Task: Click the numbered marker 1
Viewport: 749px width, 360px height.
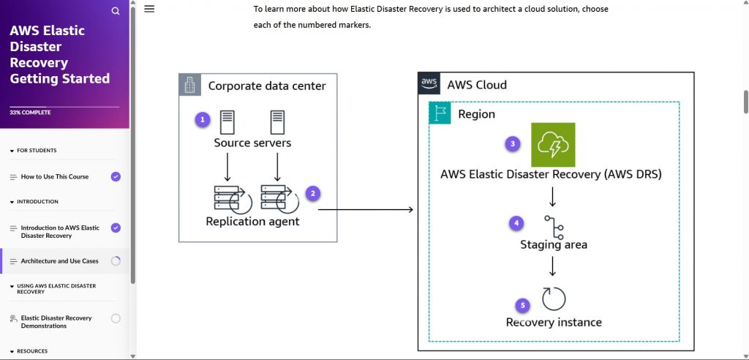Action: (x=203, y=119)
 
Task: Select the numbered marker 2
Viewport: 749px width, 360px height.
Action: (x=313, y=193)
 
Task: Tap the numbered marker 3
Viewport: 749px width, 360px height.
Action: (x=513, y=143)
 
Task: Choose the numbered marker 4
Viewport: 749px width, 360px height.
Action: (x=516, y=222)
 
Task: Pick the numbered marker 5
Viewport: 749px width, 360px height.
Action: (x=522, y=304)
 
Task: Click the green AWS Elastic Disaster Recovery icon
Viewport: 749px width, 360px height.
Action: (x=553, y=145)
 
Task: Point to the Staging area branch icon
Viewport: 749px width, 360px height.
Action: (x=553, y=227)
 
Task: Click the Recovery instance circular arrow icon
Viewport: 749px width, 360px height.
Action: (x=554, y=299)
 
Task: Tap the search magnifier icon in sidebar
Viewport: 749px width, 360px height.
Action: (x=116, y=11)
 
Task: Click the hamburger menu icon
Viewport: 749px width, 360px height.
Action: (x=149, y=9)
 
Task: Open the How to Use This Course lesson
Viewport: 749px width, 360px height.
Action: (x=55, y=177)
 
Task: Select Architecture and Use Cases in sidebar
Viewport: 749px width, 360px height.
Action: (x=59, y=261)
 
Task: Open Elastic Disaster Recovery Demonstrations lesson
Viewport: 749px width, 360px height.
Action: (x=56, y=322)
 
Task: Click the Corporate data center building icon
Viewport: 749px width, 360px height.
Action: (x=190, y=85)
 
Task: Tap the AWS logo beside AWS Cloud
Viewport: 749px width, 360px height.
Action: (x=429, y=83)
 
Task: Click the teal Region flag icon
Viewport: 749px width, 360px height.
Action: (x=440, y=113)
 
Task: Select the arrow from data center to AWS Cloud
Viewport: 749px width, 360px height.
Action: (x=366, y=210)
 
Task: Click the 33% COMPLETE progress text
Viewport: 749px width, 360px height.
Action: (x=26, y=113)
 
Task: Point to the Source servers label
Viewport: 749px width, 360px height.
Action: (x=252, y=143)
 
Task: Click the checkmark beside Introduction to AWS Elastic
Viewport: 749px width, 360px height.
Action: (x=116, y=228)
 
